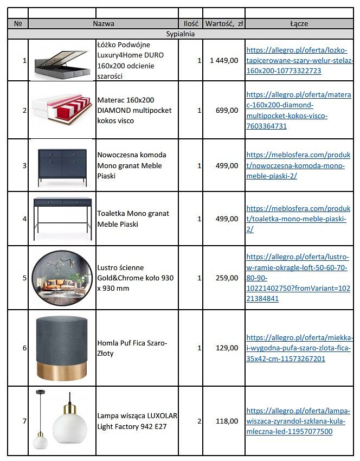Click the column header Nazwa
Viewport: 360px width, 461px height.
104,24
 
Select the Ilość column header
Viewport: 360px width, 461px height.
190,24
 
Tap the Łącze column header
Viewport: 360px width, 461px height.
299,24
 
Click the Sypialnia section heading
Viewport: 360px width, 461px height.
181,34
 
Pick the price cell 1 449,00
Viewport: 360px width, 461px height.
224,60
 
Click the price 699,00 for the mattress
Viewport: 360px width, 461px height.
227,110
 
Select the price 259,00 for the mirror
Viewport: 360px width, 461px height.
227,278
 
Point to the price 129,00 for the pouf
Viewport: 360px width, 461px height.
227,348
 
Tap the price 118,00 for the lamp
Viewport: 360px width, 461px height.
227,421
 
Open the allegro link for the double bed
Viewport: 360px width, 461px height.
299,60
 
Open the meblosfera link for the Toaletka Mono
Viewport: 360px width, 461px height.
298,219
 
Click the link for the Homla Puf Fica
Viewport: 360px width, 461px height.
299,348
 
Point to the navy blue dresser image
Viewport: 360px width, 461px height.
62,163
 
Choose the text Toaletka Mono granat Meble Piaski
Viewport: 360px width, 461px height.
133,219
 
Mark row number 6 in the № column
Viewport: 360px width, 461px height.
24,348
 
